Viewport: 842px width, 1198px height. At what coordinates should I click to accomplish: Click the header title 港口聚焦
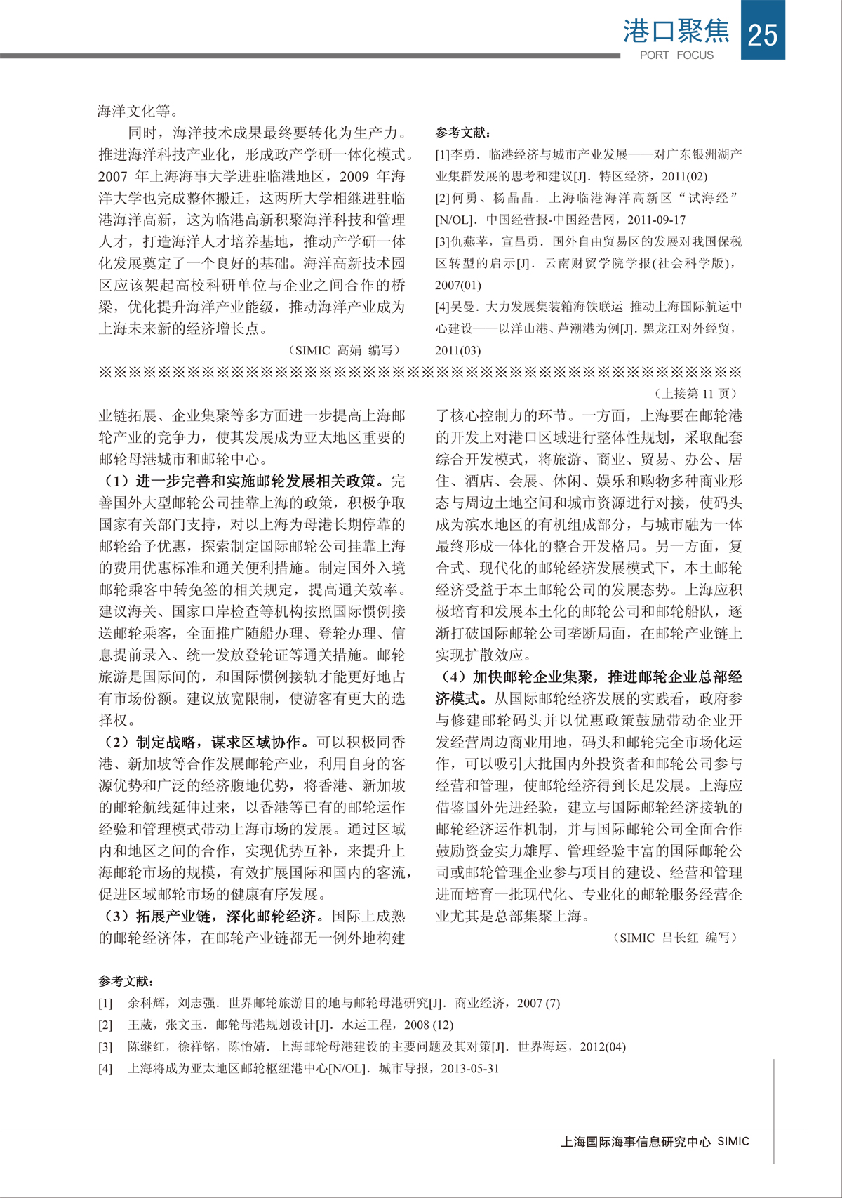coord(676,32)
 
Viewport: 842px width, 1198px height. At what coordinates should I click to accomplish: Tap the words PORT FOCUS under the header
coord(676,55)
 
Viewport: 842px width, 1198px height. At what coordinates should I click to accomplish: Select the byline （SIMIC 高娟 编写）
coord(344,350)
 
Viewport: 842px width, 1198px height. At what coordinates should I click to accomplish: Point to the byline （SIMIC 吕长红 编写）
coord(675,938)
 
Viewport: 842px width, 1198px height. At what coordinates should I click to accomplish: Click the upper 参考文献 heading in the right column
coord(462,133)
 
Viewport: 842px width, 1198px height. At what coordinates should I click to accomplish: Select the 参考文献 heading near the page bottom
coord(126,981)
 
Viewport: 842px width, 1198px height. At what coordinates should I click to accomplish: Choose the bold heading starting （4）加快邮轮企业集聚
coord(589,677)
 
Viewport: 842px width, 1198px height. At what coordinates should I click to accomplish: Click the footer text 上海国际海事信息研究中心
coord(636,1142)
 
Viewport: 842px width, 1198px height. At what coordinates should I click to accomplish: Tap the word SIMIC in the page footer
coord(733,1142)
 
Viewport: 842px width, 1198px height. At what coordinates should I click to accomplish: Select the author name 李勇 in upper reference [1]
coord(463,154)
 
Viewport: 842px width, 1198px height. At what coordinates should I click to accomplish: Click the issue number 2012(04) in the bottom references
coord(603,1046)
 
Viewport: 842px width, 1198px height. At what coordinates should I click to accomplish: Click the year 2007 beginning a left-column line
coord(112,176)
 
